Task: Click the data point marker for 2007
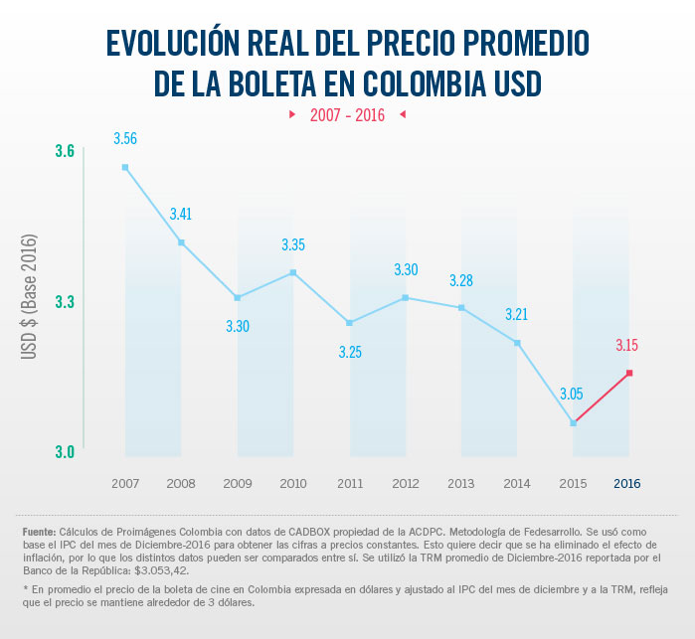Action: (125, 167)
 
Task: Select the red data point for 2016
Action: (628, 373)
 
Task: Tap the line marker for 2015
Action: (573, 423)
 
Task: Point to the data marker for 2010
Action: (293, 272)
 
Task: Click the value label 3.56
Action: (125, 137)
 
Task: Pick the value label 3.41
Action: (182, 214)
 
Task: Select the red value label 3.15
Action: (626, 346)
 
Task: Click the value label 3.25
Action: (350, 352)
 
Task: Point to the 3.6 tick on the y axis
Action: (65, 151)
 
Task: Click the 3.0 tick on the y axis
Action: (65, 452)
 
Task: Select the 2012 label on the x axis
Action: (405, 483)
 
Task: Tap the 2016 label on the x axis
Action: (627, 483)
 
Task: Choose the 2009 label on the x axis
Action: (237, 483)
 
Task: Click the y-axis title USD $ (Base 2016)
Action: (29, 297)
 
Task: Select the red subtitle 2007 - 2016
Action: (347, 115)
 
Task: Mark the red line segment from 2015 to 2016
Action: (601, 399)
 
